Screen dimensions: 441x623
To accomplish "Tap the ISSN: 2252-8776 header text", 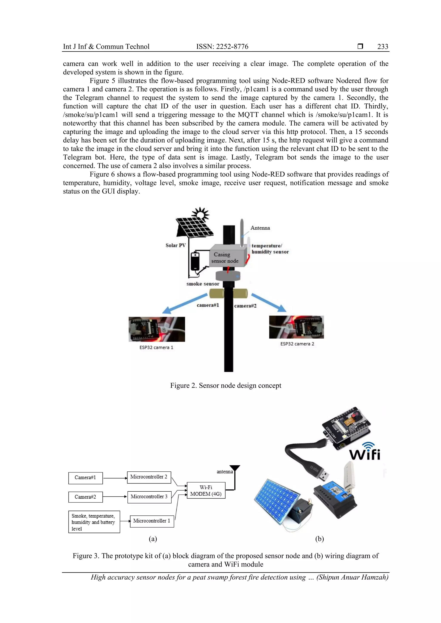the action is pos(222,47).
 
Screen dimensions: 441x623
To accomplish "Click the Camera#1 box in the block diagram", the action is pos(85,478).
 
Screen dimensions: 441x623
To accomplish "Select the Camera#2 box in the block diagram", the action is pos(85,497).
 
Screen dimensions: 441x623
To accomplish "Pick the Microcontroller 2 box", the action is pos(149,477).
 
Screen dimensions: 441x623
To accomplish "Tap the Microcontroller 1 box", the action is pos(152,521).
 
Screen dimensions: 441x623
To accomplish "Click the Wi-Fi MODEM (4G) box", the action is pos(206,490).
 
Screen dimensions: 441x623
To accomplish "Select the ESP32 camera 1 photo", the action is pos(157,329).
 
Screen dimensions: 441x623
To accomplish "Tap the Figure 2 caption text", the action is pos(225,386).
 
